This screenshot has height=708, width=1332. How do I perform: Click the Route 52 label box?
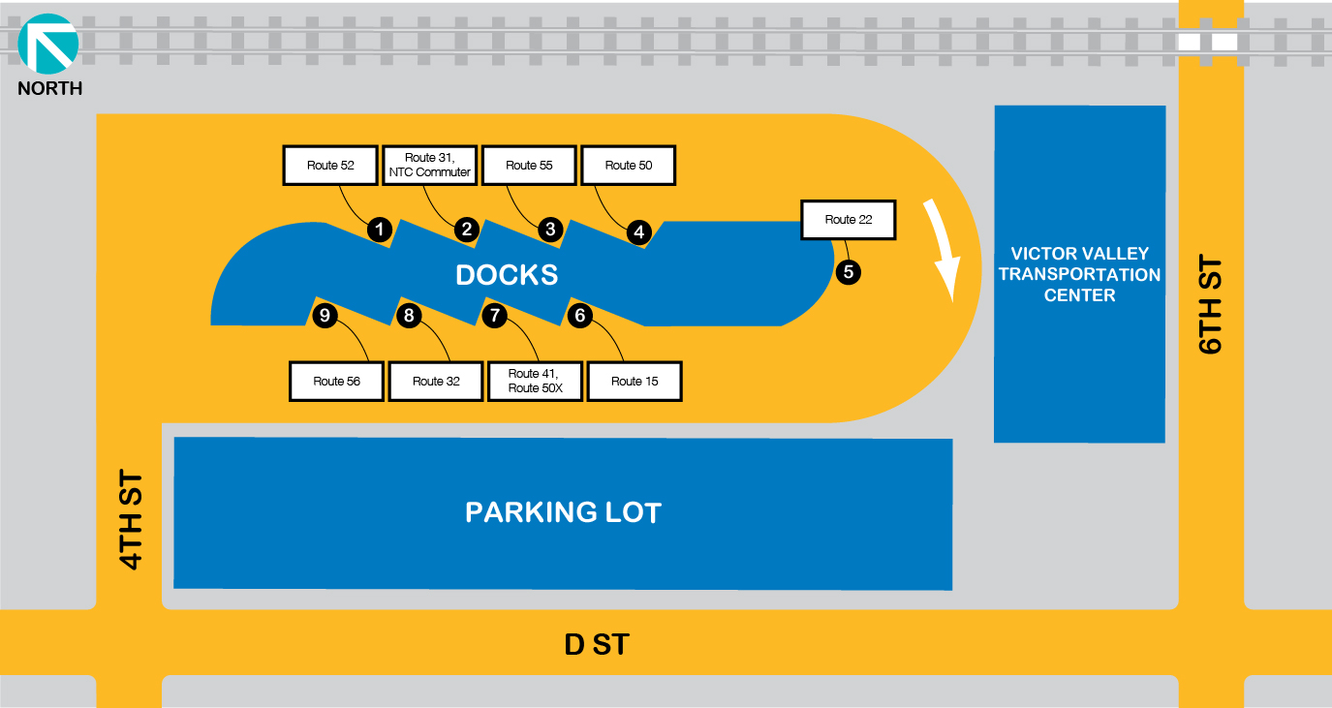330,166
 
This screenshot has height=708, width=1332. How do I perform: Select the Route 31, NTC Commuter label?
429,166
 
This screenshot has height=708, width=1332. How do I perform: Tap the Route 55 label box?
529,166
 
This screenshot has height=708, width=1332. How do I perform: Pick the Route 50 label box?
628,166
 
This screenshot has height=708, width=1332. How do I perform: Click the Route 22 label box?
848,220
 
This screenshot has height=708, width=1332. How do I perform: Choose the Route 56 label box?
337,381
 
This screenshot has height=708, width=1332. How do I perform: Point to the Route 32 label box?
436,381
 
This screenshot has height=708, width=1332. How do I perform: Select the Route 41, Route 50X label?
536,381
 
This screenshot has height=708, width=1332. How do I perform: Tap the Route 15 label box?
635,381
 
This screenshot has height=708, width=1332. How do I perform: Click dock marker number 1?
380,230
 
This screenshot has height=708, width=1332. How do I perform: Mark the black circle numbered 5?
849,272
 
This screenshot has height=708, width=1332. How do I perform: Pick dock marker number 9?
325,315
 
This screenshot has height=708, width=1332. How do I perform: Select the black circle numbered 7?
495,315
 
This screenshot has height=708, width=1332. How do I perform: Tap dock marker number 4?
638,232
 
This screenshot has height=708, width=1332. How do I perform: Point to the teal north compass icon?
47,45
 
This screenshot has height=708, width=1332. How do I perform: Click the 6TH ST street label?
1211,305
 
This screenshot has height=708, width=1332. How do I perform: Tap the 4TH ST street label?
130,521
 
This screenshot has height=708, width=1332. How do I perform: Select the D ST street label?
597,644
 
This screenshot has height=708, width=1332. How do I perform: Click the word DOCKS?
507,275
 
